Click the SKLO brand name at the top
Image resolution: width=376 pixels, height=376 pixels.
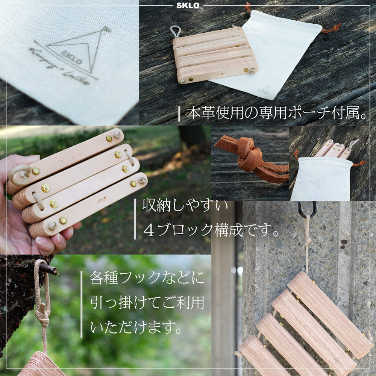(x=188, y=6)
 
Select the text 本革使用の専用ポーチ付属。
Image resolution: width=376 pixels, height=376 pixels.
(x=277, y=112)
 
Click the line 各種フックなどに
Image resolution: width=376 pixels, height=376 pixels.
(x=147, y=278)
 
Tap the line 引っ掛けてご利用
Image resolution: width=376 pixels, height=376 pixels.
(x=147, y=302)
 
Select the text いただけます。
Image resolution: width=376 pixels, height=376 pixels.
(x=137, y=326)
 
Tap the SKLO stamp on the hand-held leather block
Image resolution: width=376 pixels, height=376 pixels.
(x=102, y=201)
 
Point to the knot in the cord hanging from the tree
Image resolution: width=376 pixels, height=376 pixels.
(x=42, y=316)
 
